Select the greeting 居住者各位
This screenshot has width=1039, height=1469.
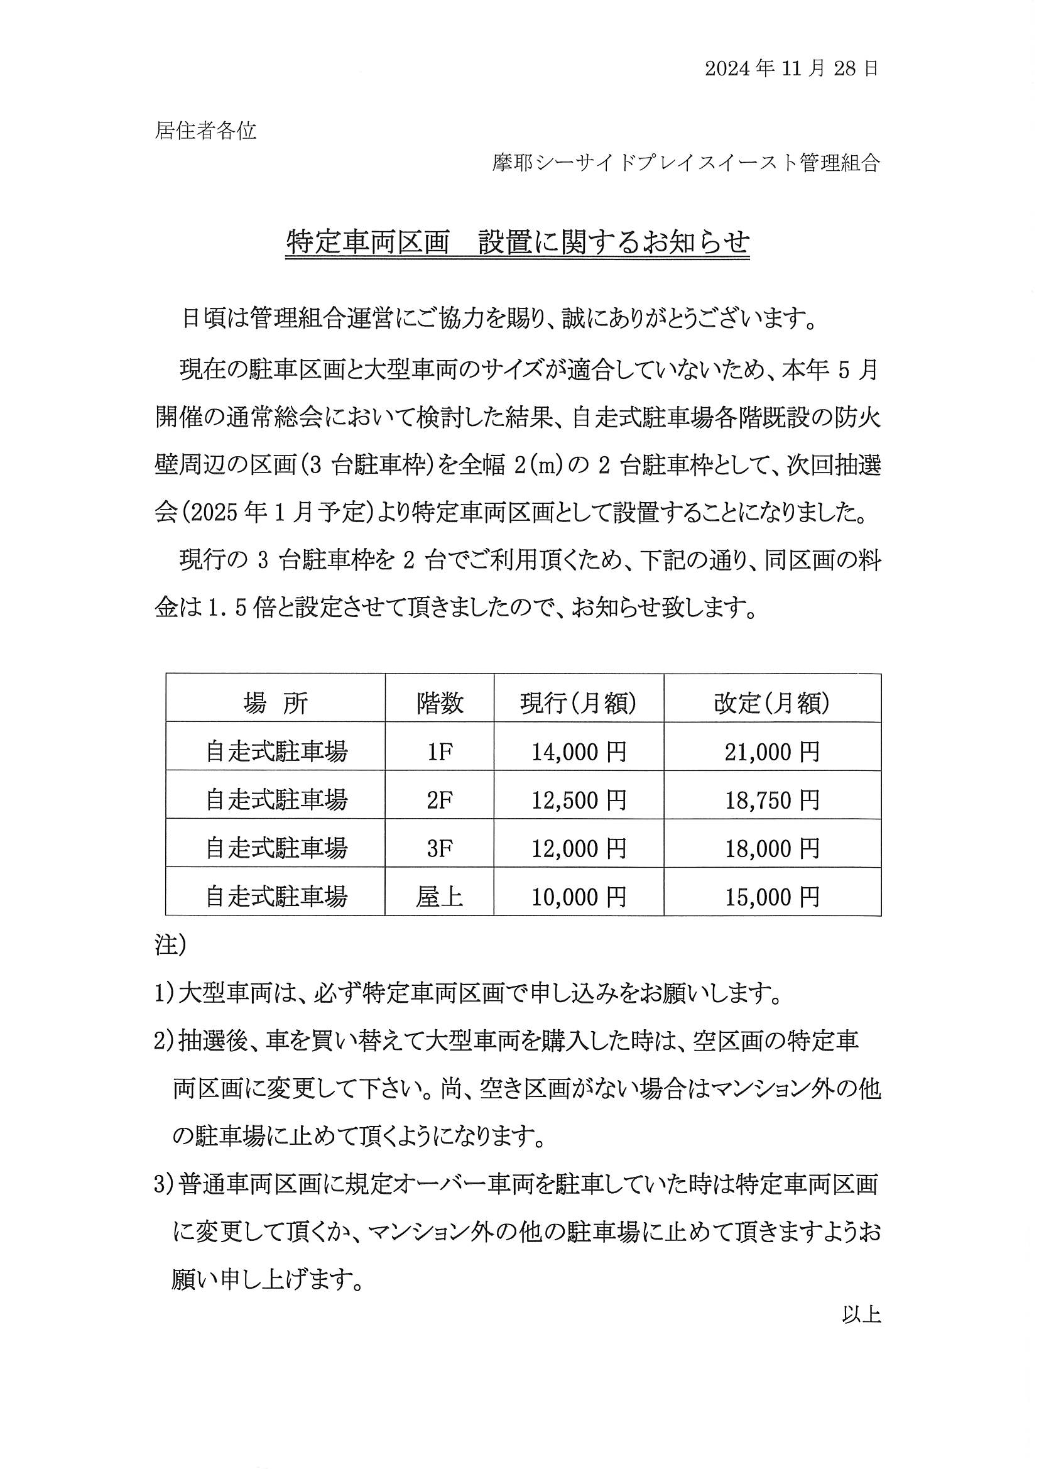point(205,131)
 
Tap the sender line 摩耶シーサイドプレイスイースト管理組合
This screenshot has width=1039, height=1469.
point(686,163)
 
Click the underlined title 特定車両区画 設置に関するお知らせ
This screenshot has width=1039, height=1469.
point(517,243)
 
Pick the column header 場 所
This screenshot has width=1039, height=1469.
point(275,704)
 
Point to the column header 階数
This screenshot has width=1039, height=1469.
point(440,704)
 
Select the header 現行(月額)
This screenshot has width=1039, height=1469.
point(579,704)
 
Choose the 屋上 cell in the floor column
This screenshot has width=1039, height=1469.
point(440,898)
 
